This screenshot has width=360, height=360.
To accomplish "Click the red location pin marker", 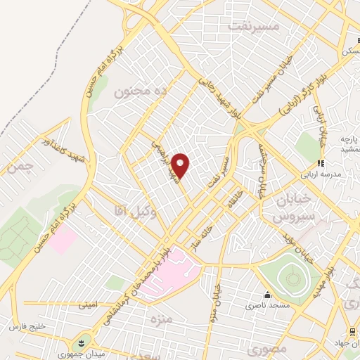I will tap(181, 165).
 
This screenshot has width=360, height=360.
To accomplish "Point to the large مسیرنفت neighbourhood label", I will tap(254, 25).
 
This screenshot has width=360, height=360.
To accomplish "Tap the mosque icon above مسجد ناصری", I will tap(267, 295).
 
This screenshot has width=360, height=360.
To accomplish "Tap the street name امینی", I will tap(89, 304).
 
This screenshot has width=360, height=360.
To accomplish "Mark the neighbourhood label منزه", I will tap(160, 320).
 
